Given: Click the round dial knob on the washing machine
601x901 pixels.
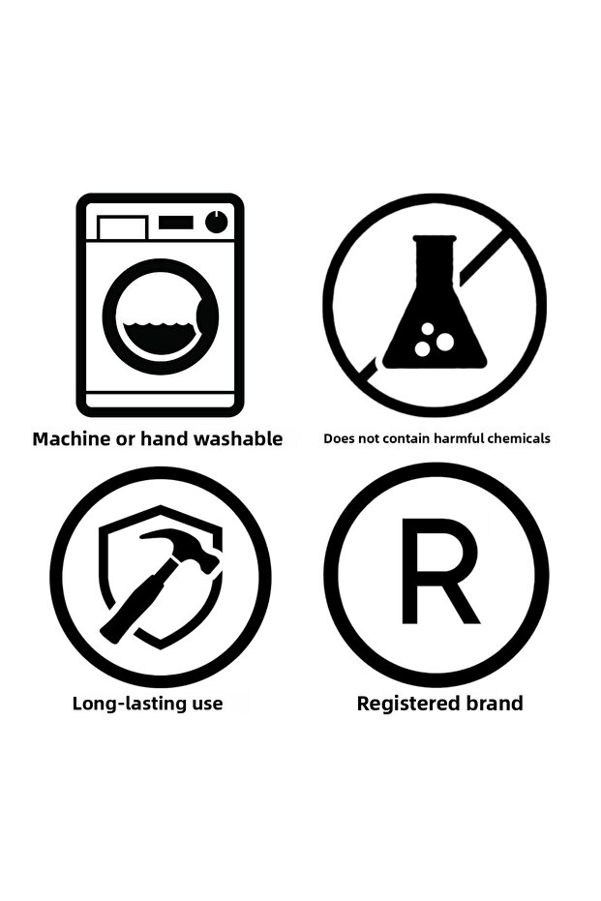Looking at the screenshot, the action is click(x=216, y=222).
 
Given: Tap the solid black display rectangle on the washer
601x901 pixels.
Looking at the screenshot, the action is click(x=176, y=222).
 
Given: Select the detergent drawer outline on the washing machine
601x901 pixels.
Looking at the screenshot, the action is click(x=122, y=227).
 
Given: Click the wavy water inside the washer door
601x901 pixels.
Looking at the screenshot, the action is click(x=161, y=339).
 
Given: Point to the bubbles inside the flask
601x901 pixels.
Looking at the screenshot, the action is click(x=434, y=339).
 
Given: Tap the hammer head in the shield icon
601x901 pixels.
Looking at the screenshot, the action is click(x=185, y=549).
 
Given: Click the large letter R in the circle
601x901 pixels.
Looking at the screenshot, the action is click(x=439, y=571).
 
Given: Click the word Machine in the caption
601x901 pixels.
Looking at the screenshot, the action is click(x=72, y=439).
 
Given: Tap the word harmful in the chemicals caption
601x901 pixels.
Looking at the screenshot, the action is click(x=459, y=439).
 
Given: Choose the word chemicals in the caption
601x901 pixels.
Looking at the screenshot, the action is click(x=519, y=439).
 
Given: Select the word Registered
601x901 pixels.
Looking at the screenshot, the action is click(x=408, y=704).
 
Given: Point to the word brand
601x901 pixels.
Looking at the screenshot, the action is click(x=495, y=704).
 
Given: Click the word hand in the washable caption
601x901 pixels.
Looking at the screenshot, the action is click(x=164, y=439).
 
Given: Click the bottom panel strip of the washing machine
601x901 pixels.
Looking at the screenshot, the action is click(x=161, y=401).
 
